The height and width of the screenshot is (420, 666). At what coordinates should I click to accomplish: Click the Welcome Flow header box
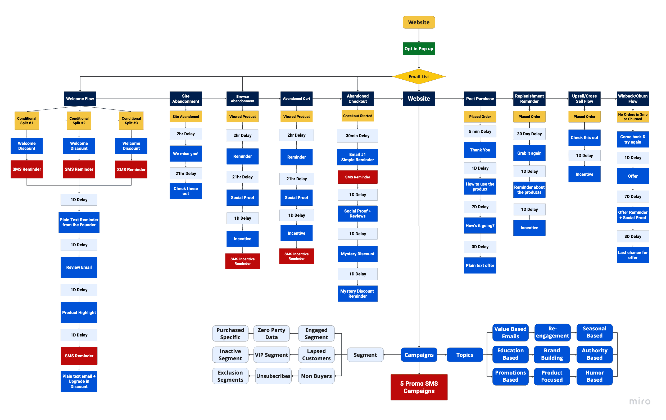[80, 99]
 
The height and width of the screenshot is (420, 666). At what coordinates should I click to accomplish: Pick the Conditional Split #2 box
[79, 121]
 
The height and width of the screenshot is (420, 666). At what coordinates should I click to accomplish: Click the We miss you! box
[185, 154]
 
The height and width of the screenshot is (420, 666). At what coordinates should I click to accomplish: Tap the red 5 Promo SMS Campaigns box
[419, 387]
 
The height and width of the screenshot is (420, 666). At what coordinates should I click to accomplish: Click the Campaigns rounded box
[419, 355]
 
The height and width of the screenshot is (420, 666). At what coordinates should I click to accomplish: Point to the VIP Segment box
[271, 355]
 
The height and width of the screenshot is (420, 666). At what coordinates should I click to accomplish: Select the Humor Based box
[594, 376]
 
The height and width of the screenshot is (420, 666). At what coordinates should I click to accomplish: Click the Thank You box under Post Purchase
[480, 150]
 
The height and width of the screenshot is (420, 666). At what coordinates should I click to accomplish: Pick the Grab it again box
[529, 153]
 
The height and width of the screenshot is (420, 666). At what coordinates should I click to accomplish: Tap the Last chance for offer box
[633, 255]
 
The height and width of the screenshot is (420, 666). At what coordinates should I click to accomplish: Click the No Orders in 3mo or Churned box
[633, 117]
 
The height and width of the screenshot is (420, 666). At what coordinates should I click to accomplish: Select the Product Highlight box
[79, 312]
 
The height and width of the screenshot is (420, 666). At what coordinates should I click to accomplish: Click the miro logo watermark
[640, 401]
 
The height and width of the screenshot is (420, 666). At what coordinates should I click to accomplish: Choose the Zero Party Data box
[271, 334]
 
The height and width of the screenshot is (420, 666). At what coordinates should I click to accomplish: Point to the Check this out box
[584, 137]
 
